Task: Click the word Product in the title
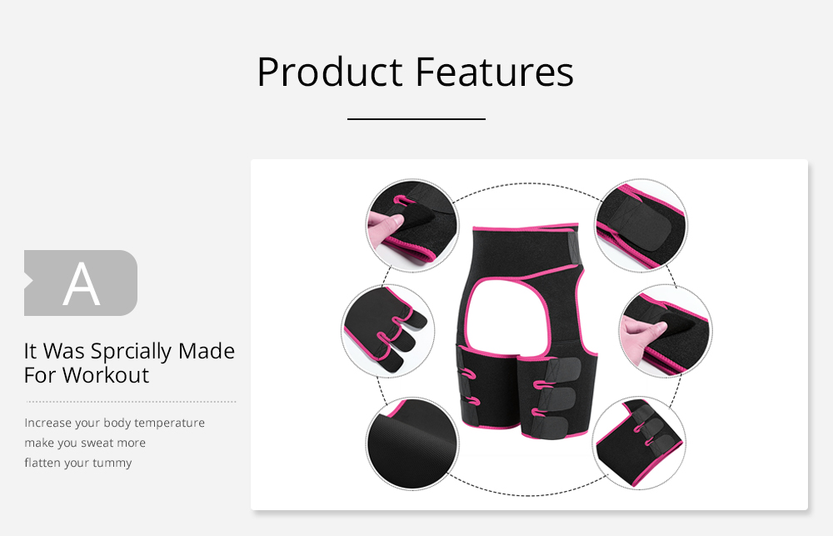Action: [x=330, y=73]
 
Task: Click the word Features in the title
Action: [x=495, y=72]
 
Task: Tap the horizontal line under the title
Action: [x=416, y=119]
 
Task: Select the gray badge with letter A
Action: [x=81, y=283]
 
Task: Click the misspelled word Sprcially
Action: [x=132, y=352]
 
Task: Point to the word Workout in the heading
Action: [x=106, y=375]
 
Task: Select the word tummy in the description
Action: [x=112, y=463]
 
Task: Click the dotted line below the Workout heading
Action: [x=131, y=402]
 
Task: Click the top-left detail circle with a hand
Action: [x=412, y=225]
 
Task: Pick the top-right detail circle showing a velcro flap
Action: [x=641, y=225]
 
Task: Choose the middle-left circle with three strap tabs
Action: [x=388, y=331]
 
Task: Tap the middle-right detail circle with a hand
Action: [x=666, y=331]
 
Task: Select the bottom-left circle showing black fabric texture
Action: [x=412, y=443]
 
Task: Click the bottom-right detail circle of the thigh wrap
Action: [x=639, y=443]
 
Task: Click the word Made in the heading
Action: [x=206, y=351]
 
